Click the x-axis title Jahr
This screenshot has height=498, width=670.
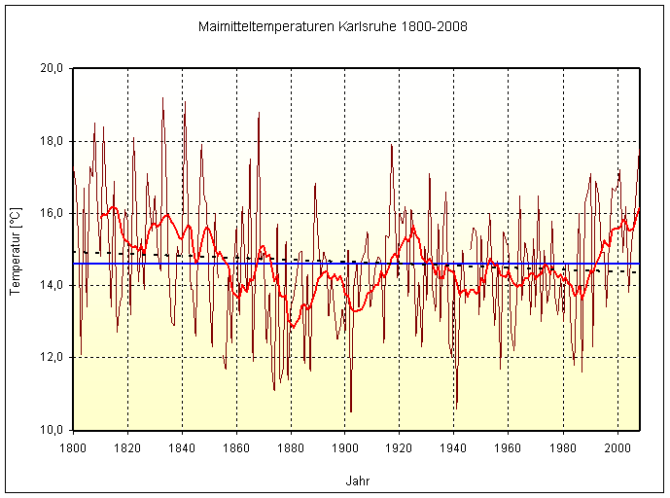click(x=357, y=480)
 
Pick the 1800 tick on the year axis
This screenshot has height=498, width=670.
click(x=73, y=447)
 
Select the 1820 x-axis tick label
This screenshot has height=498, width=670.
click(x=127, y=447)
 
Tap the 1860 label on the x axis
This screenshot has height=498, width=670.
click(x=236, y=447)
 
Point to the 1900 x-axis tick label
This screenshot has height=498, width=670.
click(x=345, y=447)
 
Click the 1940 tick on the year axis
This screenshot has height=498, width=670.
click(x=454, y=447)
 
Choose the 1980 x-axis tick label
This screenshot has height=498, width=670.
click(x=563, y=447)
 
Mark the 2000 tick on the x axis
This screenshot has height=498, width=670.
click(x=617, y=447)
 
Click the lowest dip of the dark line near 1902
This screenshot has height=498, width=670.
click(x=351, y=411)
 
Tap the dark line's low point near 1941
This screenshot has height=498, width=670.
click(x=457, y=405)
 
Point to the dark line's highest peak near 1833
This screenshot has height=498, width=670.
click(x=162, y=97)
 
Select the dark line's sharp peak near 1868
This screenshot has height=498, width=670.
click(x=259, y=113)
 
